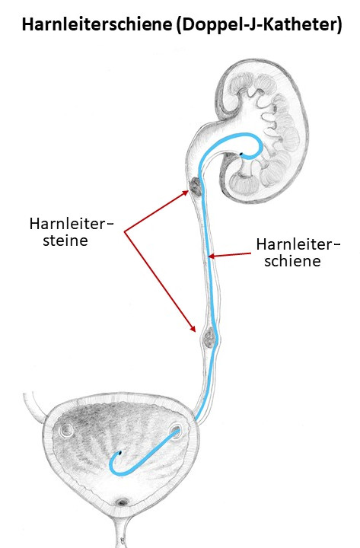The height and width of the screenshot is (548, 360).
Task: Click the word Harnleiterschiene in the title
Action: [x=97, y=25]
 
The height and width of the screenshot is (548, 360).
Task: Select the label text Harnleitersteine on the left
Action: [x=72, y=232]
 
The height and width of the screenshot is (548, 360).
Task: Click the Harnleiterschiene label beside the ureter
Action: [x=298, y=253]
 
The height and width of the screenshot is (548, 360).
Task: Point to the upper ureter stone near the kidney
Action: [x=195, y=186]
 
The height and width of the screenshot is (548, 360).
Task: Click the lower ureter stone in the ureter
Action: [x=210, y=337]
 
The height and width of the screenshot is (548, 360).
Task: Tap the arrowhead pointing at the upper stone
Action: [x=186, y=193]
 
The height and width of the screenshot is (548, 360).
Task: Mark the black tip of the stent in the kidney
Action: [x=241, y=154]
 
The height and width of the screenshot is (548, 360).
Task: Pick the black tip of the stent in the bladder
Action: [x=120, y=453]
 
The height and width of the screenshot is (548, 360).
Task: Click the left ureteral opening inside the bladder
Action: [x=66, y=430]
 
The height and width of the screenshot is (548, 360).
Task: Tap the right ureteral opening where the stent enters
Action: [x=175, y=431]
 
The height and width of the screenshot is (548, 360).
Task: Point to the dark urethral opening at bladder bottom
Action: [x=122, y=502]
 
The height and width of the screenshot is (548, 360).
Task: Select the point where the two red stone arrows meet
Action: [x=124, y=231]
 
